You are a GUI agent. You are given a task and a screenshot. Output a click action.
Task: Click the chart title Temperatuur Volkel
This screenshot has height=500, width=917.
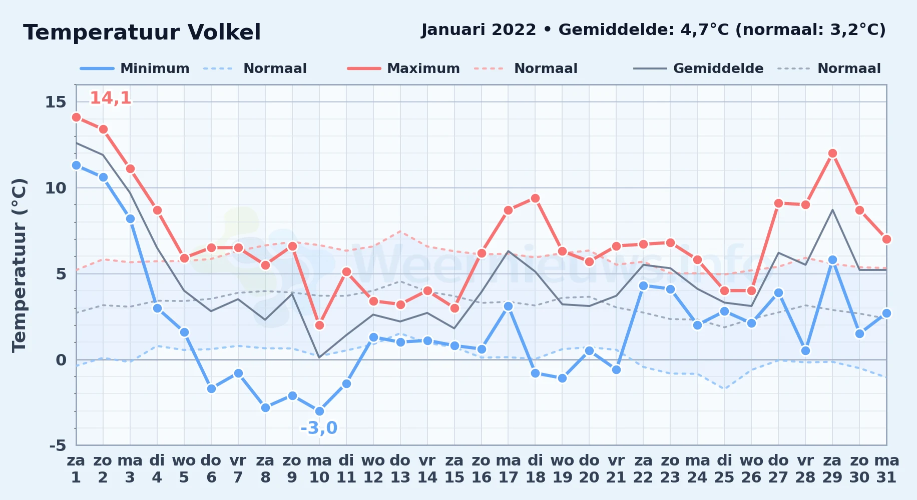[x=142, y=32]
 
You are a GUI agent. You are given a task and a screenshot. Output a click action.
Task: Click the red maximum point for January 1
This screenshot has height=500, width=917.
[x=76, y=117]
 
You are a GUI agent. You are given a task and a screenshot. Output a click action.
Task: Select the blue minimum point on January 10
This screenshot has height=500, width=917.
[x=319, y=411]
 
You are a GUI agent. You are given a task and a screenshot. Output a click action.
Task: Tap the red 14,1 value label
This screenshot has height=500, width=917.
[x=111, y=98]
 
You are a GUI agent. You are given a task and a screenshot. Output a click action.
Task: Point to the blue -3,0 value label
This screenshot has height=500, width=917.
[x=319, y=428]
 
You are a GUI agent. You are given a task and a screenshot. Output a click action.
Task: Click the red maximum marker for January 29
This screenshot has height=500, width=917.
[x=832, y=153]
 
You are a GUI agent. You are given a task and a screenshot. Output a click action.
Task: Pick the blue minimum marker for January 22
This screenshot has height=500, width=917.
[x=643, y=285]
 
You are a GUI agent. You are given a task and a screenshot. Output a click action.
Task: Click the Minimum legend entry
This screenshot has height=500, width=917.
[x=135, y=68]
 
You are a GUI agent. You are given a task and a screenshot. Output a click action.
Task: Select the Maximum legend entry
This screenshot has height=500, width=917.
[x=403, y=68]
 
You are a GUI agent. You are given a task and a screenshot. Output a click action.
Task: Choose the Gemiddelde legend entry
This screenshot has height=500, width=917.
[x=699, y=68]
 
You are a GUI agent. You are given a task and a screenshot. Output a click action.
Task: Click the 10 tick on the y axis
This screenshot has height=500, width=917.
[x=56, y=188]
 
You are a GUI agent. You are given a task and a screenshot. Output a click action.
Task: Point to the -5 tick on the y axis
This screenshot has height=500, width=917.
[x=58, y=445]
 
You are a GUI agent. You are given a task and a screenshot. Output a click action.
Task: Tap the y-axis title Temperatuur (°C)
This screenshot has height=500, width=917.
[x=19, y=265]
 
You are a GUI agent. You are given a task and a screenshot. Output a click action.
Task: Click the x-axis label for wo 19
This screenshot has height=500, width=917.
[x=562, y=469]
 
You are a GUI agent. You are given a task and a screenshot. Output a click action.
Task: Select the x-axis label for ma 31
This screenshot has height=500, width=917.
[x=886, y=469]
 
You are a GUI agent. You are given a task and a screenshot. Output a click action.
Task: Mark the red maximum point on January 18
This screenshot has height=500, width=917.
[x=535, y=198]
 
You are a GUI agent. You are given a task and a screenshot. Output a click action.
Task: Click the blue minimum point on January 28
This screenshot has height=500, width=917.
[x=805, y=350]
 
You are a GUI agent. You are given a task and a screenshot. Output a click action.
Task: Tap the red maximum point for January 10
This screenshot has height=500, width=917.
[x=319, y=325]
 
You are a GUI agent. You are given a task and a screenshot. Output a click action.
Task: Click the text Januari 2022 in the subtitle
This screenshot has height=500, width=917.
[x=479, y=30]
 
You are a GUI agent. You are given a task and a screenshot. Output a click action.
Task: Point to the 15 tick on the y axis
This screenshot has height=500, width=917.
[x=56, y=102]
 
